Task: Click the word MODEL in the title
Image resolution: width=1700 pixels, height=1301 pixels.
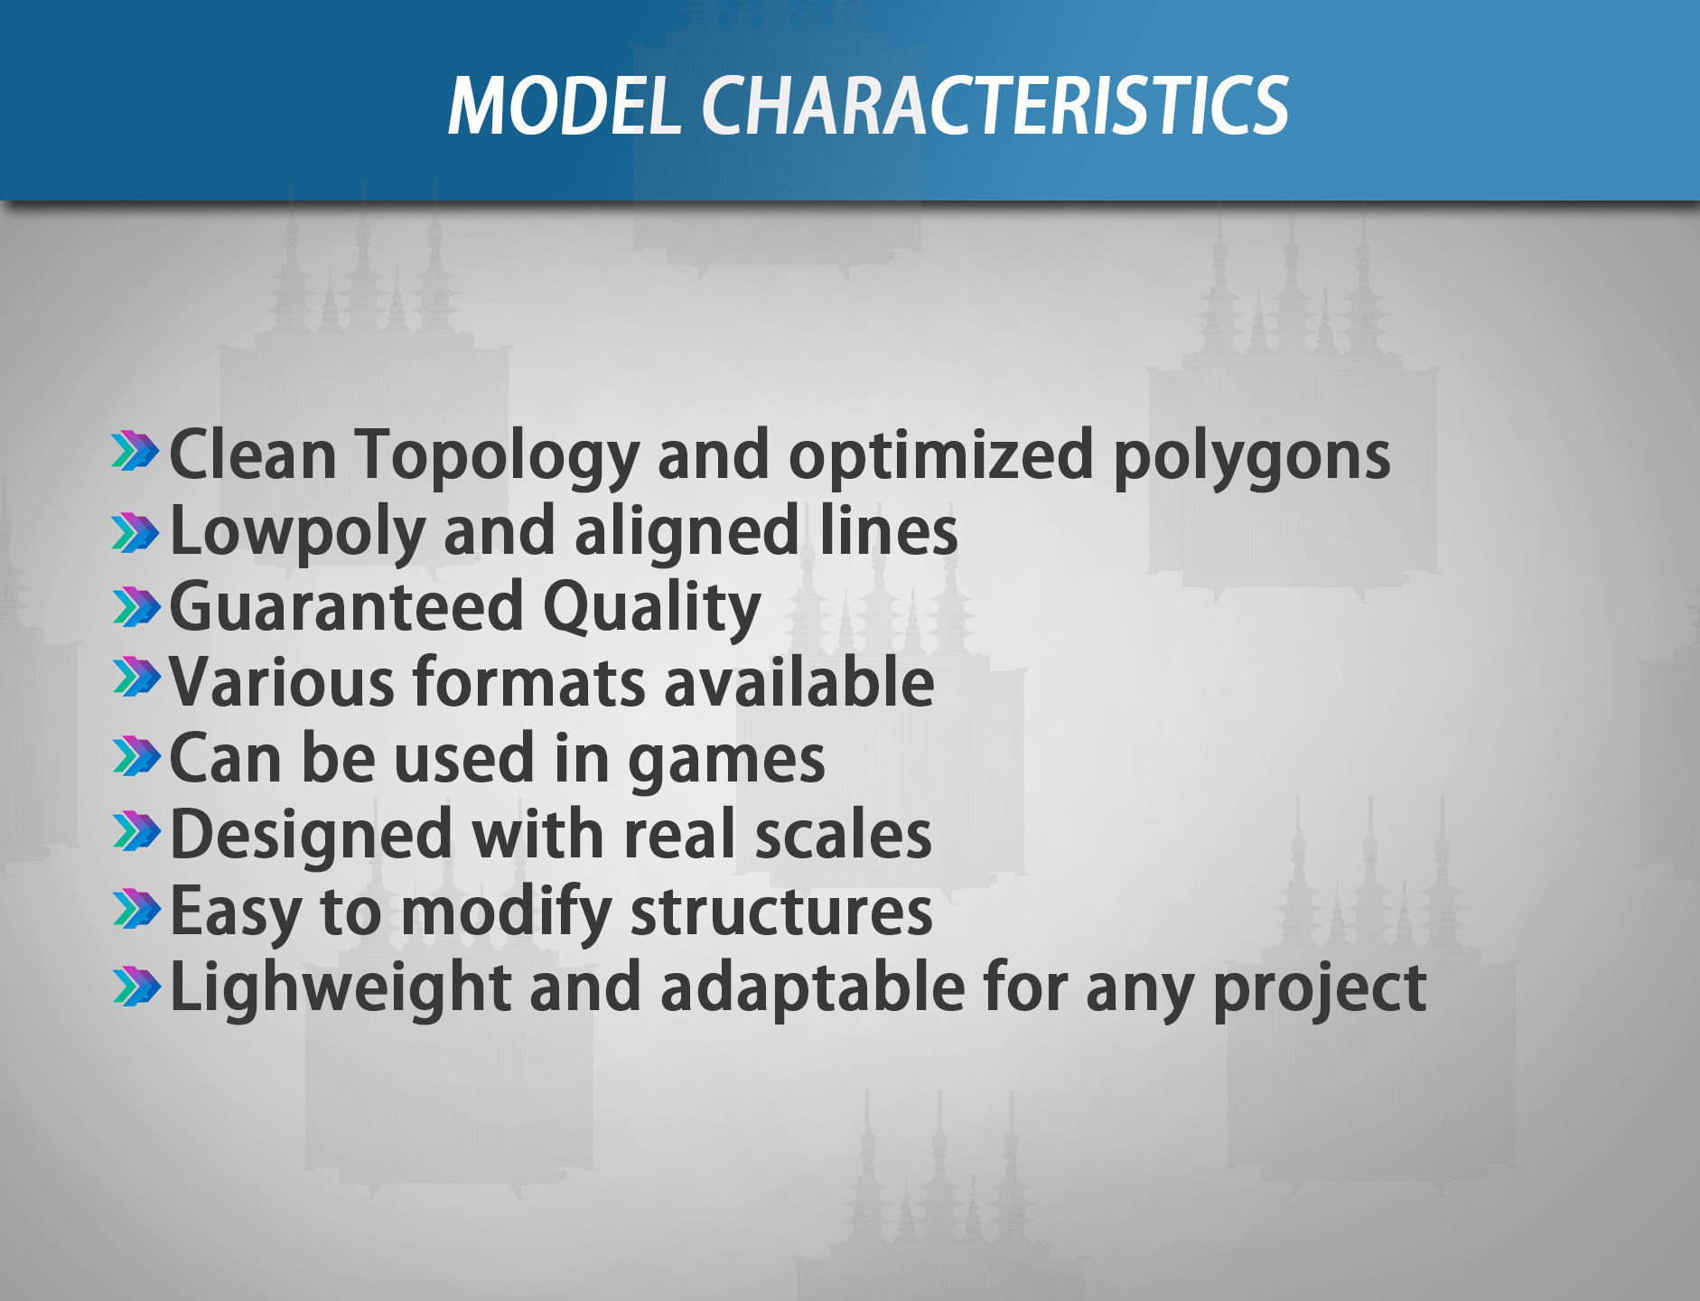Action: [565, 106]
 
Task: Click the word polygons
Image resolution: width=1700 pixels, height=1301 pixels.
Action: [1251, 457]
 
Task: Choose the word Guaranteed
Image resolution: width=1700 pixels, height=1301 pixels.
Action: [346, 606]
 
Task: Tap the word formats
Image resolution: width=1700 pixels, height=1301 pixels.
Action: [529, 683]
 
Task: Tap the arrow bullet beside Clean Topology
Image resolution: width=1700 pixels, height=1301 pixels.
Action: [135, 451]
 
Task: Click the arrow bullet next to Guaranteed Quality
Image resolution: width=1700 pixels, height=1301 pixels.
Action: [135, 606]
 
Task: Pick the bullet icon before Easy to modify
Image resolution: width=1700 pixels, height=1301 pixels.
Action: [135, 909]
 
